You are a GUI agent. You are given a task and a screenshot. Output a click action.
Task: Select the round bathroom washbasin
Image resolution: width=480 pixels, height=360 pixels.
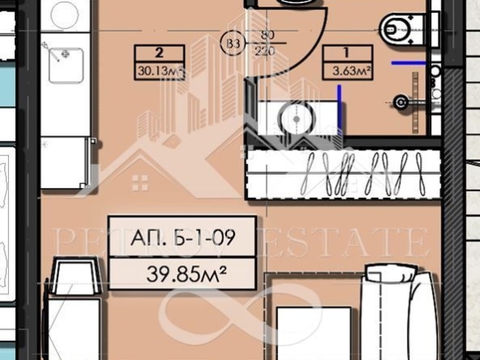[x=295, y=117]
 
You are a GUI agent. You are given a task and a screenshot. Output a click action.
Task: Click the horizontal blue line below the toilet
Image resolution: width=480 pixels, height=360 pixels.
[x=409, y=62]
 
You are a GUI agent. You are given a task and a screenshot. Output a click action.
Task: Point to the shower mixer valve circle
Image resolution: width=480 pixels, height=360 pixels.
[x=399, y=101]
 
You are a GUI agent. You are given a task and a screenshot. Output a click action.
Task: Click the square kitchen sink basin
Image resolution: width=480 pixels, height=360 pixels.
[x=66, y=66]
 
